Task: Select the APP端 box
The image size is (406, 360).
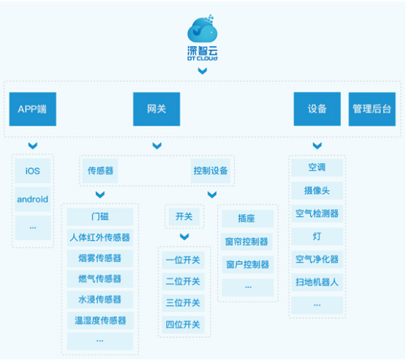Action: [33, 109]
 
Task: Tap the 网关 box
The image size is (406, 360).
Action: [157, 109]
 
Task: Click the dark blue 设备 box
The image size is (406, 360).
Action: [317, 109]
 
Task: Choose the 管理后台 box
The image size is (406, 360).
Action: [372, 109]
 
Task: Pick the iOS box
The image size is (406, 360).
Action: [33, 171]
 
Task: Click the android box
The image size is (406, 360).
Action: [33, 200]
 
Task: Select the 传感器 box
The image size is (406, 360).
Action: [100, 171]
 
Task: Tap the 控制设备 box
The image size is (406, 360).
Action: [211, 171]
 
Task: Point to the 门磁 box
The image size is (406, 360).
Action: [100, 217]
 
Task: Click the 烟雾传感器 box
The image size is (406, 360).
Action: [100, 258]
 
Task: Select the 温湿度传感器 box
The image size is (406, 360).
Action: [100, 320]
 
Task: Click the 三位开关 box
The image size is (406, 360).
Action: [183, 303]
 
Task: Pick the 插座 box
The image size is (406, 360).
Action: [247, 219]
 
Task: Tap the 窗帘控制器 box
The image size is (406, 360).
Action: [247, 241]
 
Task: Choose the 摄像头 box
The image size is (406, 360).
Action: [317, 191]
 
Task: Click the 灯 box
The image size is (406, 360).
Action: [317, 236]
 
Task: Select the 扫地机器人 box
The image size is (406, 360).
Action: [317, 282]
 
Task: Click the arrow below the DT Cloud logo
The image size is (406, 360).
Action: [202, 71]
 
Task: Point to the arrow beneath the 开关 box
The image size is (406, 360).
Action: [184, 236]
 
